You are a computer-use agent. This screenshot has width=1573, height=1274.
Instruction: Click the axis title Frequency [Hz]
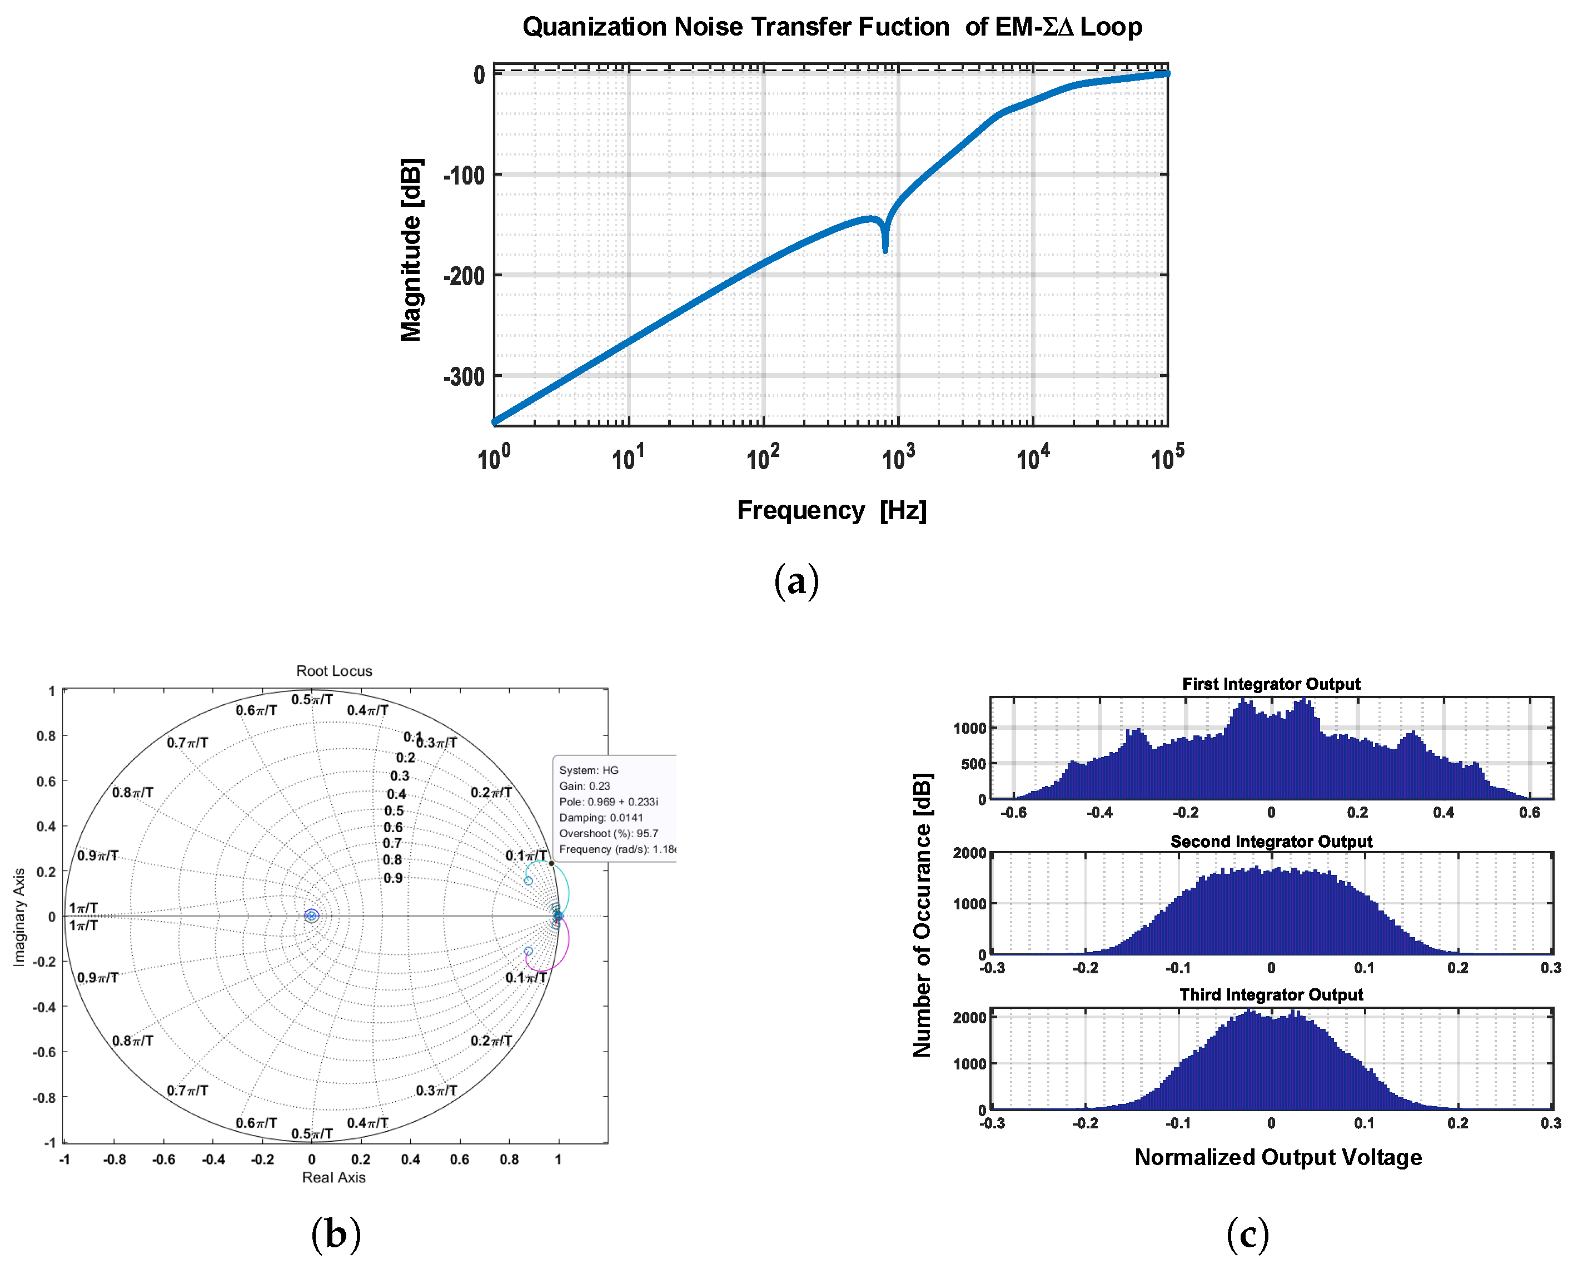point(832,510)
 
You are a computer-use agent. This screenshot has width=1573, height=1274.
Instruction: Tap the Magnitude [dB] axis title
point(411,250)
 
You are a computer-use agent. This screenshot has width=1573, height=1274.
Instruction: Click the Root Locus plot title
point(334,671)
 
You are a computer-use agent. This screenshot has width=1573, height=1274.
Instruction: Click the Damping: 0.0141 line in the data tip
point(601,818)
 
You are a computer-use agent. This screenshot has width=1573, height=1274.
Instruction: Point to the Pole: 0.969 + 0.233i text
point(608,802)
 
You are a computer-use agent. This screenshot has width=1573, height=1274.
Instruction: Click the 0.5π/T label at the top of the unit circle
point(312,699)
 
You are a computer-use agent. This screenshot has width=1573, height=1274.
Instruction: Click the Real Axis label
point(334,1177)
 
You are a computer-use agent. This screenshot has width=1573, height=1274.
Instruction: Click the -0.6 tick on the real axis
point(163,1159)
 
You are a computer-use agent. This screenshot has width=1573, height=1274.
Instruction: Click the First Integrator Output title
point(1271,684)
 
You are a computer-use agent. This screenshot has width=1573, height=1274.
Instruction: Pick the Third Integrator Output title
point(1271,994)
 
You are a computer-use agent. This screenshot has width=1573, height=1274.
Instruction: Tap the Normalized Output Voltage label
point(1277,1157)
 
